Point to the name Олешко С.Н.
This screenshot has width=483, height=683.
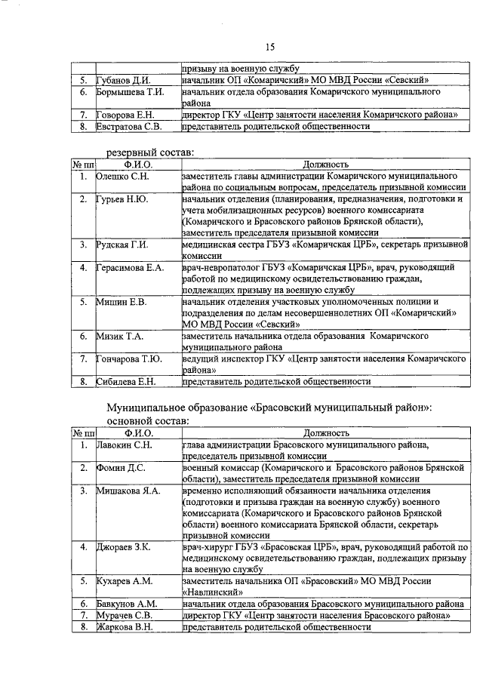pyautogui.click(x=123, y=176)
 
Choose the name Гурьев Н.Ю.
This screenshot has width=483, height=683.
pyautogui.click(x=122, y=199)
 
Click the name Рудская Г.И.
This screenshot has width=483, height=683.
pyautogui.click(x=123, y=245)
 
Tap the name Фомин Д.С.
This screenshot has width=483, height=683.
pyautogui.click(x=120, y=469)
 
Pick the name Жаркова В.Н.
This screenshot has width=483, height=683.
pyautogui.click(x=125, y=627)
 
